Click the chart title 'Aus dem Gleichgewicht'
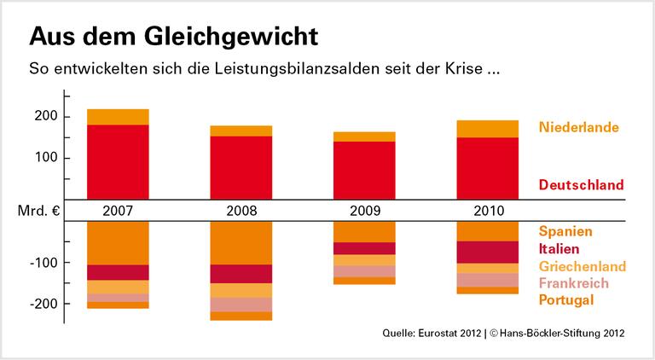(x=175, y=37)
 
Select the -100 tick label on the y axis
(x=43, y=263)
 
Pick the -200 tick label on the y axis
(x=43, y=304)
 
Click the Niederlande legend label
(x=578, y=128)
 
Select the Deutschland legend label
(x=581, y=184)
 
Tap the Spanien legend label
(x=565, y=231)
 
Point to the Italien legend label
(x=559, y=248)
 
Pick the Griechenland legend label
(x=583, y=266)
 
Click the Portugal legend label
(x=565, y=299)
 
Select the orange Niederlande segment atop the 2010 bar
(x=487, y=129)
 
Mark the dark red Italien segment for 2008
(x=241, y=274)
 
